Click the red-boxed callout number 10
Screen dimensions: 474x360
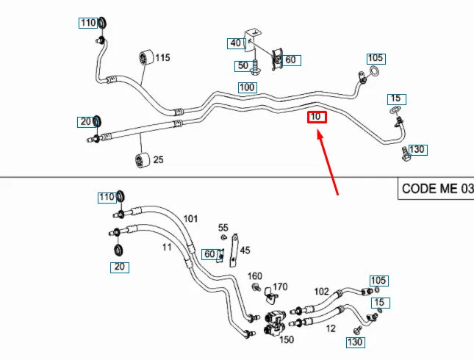[x=317, y=117]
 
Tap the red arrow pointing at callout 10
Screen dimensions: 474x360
[x=328, y=162]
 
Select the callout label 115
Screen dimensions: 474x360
[x=162, y=57]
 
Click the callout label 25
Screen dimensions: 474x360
[x=159, y=159]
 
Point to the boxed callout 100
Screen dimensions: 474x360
[x=248, y=87]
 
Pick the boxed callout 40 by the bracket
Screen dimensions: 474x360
[x=237, y=43]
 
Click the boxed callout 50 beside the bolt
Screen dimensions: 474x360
[x=243, y=66]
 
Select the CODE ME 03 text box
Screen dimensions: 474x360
[x=436, y=189]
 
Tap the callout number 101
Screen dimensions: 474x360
[x=190, y=218]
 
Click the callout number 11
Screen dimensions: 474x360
[x=167, y=248]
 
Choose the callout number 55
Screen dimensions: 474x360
[x=223, y=227]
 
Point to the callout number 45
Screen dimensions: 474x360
[x=245, y=251]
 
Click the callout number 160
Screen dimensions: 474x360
[x=255, y=276]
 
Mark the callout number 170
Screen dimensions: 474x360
[x=280, y=287]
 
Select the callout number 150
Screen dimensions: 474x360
[x=287, y=339]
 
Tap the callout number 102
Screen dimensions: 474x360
[x=321, y=292]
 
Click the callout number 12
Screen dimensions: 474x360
[x=331, y=328]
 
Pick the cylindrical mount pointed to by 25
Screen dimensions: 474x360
[x=142, y=159]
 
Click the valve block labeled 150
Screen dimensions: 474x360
[x=275, y=324]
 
